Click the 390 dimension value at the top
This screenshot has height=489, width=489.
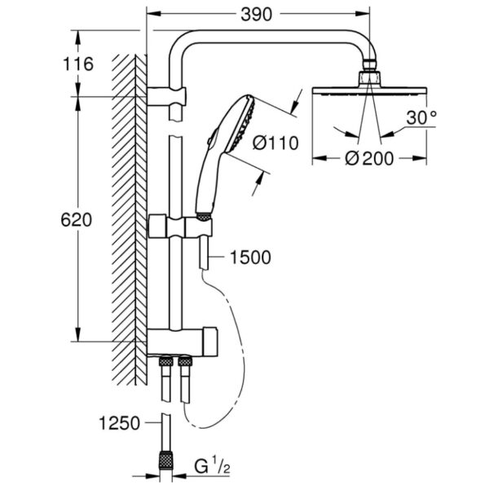click(257, 15)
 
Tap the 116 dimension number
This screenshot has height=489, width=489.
click(78, 64)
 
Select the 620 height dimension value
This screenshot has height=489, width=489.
click(77, 219)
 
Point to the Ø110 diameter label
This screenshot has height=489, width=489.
click(275, 143)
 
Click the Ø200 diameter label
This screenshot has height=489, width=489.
click(369, 158)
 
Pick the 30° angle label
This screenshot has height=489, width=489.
click(421, 117)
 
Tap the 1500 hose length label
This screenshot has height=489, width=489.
click(250, 258)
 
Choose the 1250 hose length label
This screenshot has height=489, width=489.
click(119, 424)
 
